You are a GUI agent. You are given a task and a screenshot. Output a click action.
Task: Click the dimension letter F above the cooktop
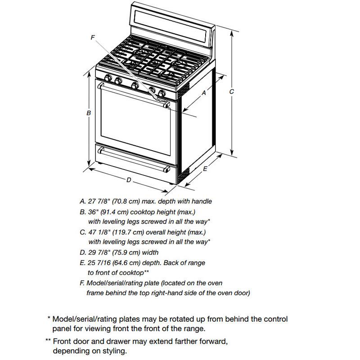click(x=93, y=38)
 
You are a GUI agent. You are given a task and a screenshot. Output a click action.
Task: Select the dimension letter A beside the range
click(x=203, y=93)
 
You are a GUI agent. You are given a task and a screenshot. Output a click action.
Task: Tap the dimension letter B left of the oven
click(x=89, y=113)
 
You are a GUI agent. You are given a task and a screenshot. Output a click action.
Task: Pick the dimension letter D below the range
click(x=128, y=180)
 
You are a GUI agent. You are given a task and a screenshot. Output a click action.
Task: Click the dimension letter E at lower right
click(x=205, y=169)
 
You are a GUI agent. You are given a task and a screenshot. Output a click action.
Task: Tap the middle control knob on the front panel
click(x=135, y=85)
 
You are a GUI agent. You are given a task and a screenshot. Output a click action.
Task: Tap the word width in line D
click(x=149, y=252)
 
